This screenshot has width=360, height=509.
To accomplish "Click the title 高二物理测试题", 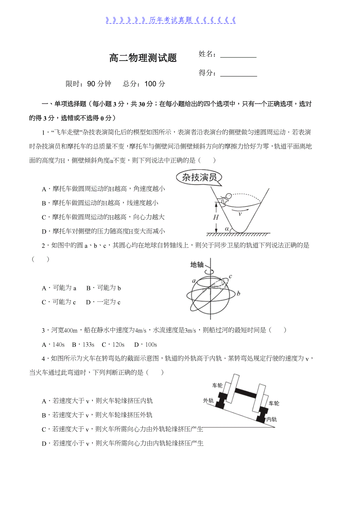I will pos(143,58).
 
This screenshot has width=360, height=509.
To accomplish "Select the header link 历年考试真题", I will pos(171,20).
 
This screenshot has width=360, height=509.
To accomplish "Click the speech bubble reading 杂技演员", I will pos(199,178).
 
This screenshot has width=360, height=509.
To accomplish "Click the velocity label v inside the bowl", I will pos(240,214).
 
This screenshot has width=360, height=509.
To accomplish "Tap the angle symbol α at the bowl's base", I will pos(227,229).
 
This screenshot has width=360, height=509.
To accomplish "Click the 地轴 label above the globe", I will pos(197,265).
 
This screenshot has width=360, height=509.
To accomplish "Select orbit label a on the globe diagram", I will pos(194,281).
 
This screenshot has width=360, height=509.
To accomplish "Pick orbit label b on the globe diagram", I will pos(238,293).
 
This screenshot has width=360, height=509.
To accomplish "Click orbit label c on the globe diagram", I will pos(230,276).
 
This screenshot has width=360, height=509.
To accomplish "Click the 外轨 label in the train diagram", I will pos(208,400).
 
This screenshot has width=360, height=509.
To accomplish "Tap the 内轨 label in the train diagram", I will pos(271,419).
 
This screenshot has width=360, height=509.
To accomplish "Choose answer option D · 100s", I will pos(145,345).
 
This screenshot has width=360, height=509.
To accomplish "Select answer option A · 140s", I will pos(53,345).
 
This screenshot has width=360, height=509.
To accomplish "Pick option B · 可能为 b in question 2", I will pos(104,288).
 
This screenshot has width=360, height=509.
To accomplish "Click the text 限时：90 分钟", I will pos(88,84).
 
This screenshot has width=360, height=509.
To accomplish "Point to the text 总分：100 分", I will pos(144,84).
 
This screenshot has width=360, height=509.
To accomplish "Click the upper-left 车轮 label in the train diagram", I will pos(218,385).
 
